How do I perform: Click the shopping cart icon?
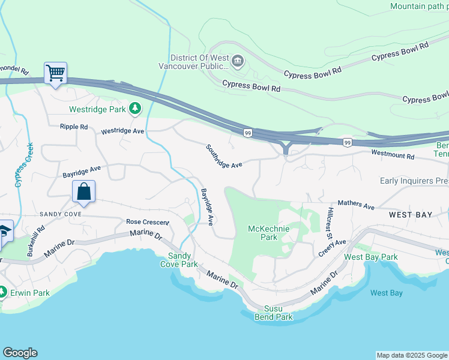55,74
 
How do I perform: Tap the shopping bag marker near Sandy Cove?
84,193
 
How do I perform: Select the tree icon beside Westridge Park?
136,109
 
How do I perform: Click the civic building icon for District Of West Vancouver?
237,60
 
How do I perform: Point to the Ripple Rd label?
74,127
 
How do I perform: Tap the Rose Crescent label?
147,222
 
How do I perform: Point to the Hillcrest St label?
330,222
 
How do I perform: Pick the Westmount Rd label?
393,155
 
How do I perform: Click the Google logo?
20,353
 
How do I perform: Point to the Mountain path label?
419,6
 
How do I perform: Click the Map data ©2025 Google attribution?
412,355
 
